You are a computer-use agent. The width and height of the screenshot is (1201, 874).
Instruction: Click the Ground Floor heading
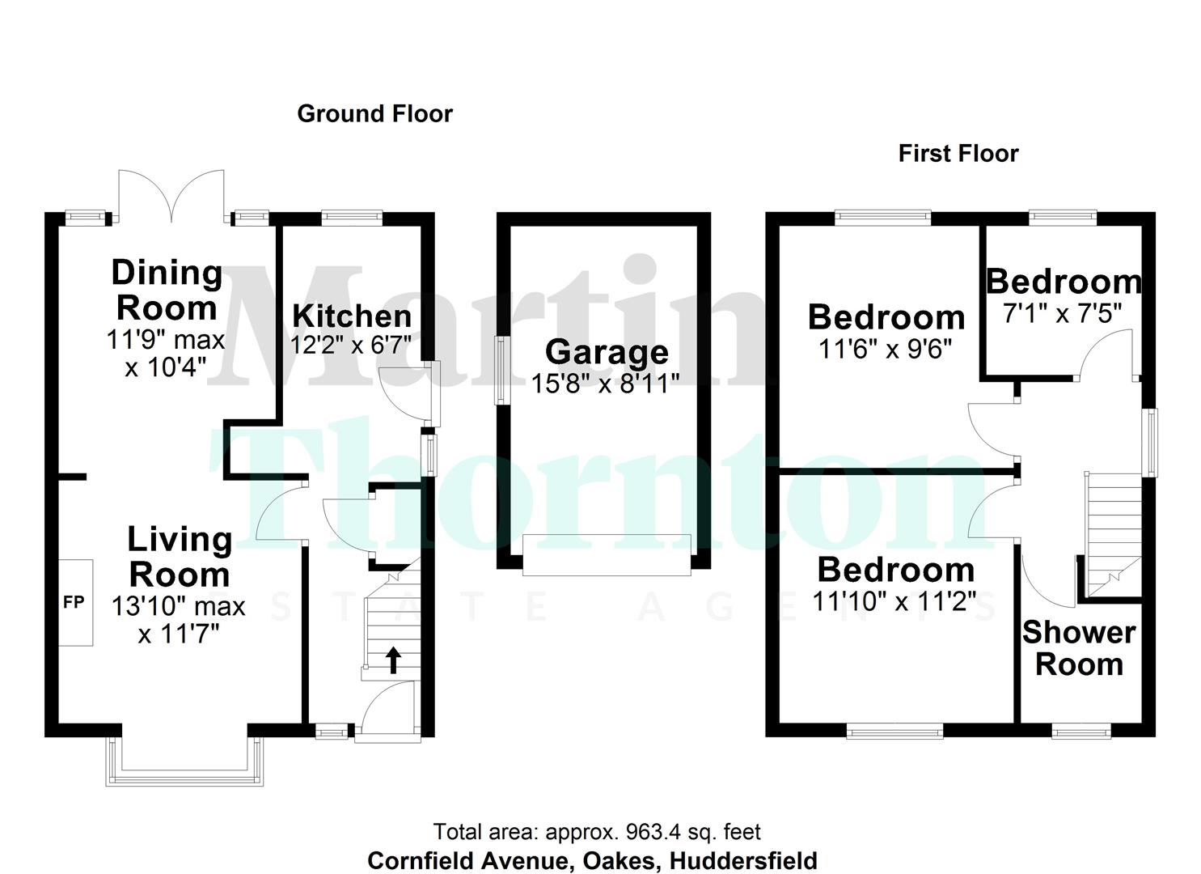pos(374,114)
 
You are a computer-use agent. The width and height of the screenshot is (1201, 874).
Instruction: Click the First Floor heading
pos(958,154)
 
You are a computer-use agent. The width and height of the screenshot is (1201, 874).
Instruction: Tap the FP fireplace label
pos(74,602)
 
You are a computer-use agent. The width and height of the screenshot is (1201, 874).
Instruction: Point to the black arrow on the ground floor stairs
pos(393,660)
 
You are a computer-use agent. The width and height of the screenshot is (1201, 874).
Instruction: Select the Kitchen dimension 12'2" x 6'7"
pos(351,346)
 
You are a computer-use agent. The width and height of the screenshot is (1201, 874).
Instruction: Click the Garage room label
pos(607,352)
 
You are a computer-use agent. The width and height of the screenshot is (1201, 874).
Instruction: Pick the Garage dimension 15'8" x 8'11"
pos(606,383)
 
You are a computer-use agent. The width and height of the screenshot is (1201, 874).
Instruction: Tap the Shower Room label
pos(1079,648)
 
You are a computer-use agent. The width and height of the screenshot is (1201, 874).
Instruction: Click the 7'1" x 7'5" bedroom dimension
pos(1062,313)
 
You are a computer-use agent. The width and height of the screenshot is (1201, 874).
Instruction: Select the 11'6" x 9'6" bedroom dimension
pos(885,349)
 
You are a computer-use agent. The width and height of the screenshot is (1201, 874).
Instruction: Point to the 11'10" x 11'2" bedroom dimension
pos(895,601)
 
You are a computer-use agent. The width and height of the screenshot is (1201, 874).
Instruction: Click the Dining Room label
pos(167,290)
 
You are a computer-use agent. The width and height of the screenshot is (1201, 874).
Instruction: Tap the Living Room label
pos(180,557)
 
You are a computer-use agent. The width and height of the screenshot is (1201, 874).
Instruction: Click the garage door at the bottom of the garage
pos(607,554)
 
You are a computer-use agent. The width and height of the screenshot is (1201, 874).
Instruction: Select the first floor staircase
pos(1111,535)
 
